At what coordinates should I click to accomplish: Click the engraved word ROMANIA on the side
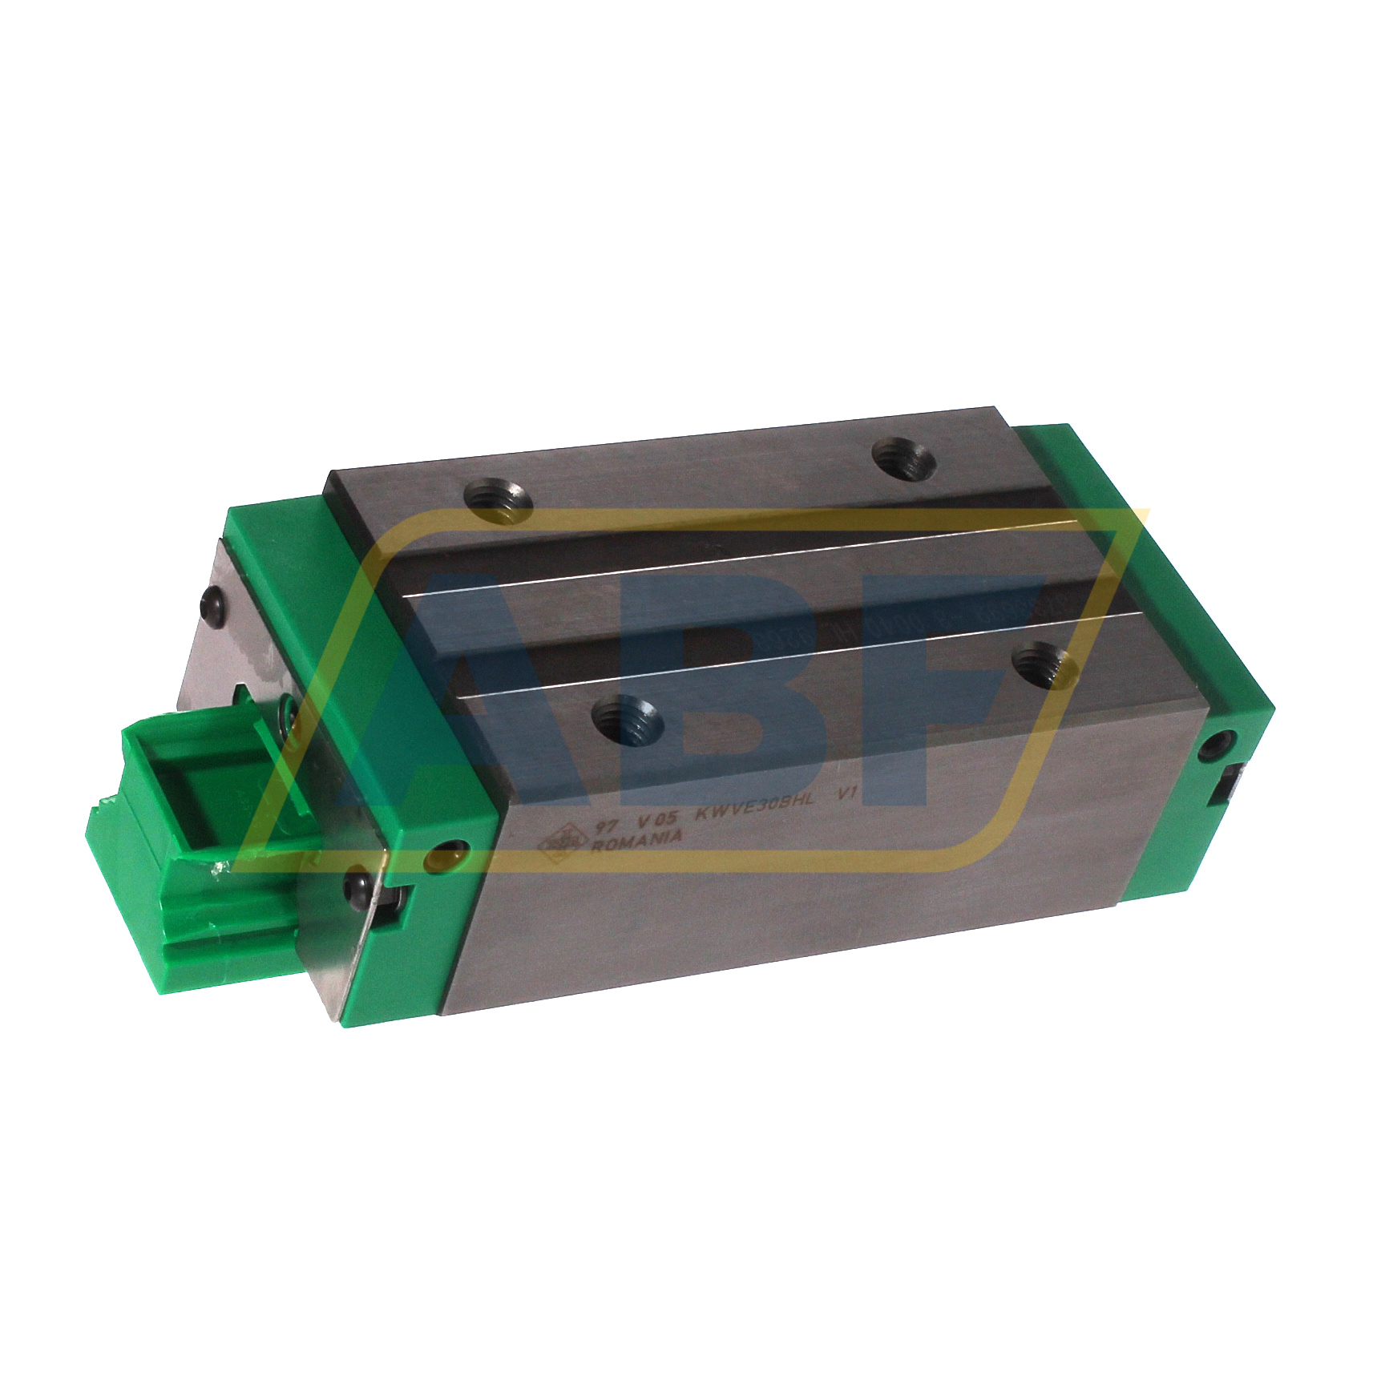pos(637,841)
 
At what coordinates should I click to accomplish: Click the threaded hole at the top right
pos(903,459)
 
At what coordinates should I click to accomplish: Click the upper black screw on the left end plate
pos(213,599)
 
